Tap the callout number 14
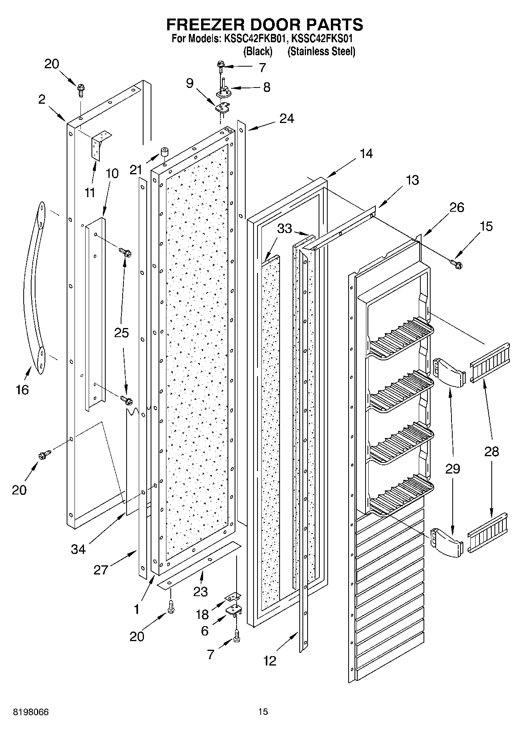[366, 154]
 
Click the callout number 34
[78, 548]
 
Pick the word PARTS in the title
[333, 24]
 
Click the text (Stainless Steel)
[321, 51]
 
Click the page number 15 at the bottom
[263, 712]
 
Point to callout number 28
[492, 451]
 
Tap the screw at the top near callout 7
[220, 65]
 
